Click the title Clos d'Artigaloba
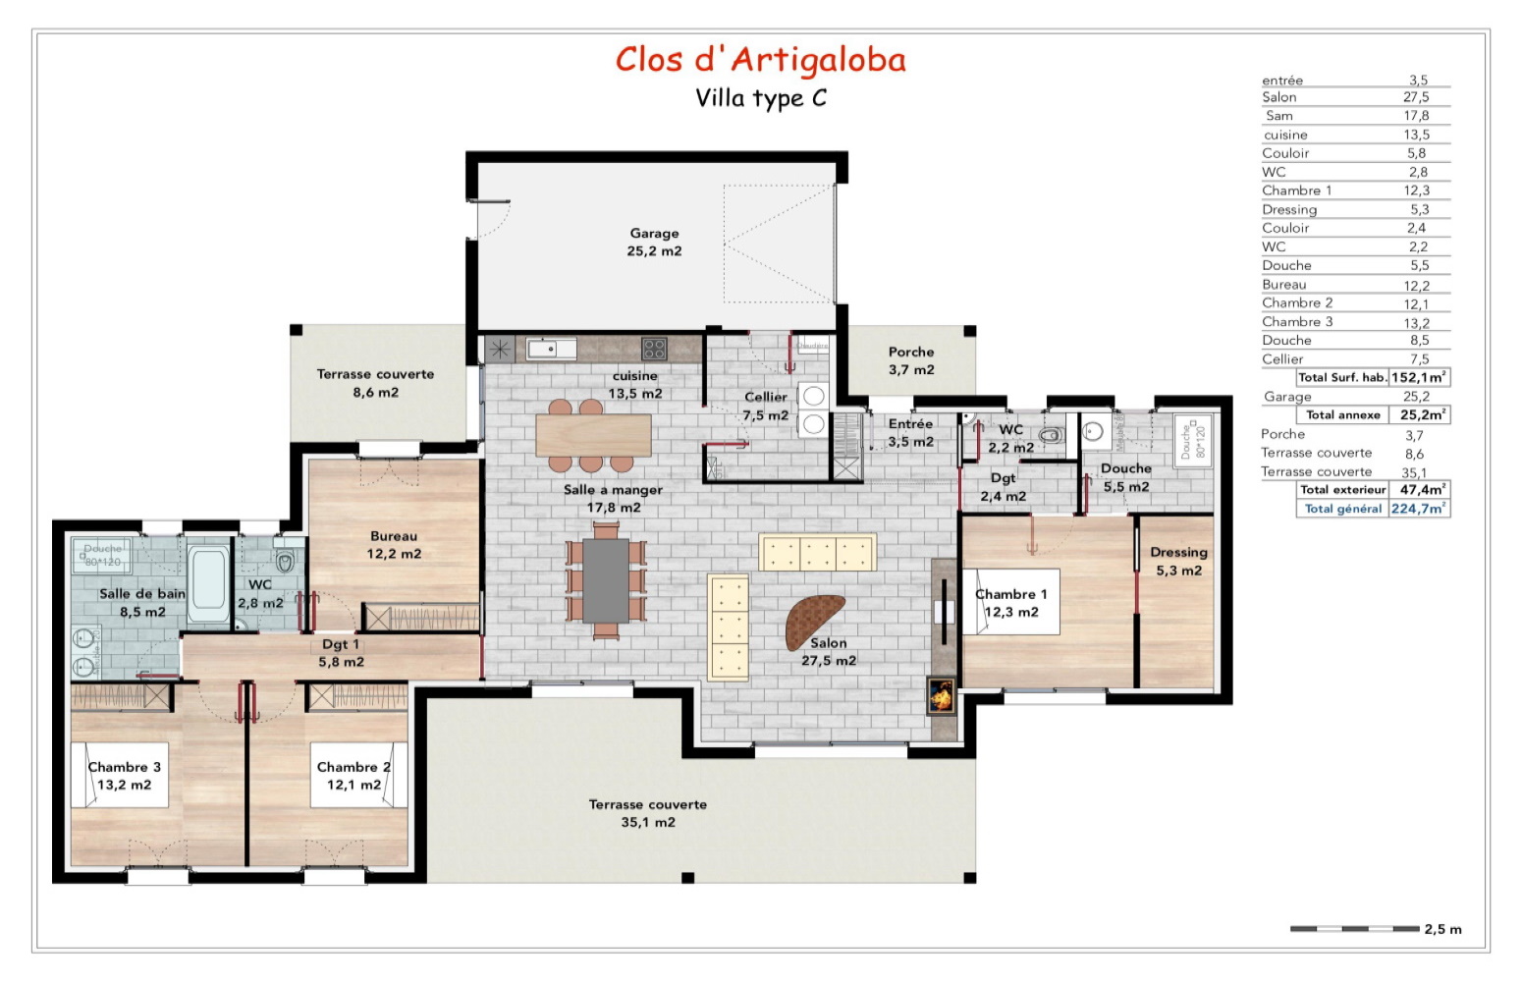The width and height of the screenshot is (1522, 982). click(760, 60)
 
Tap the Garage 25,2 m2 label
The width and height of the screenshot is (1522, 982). click(654, 243)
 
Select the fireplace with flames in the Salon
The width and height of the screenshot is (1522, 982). click(942, 696)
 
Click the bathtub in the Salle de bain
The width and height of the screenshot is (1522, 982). click(208, 583)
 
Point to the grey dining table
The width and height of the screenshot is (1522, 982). click(606, 580)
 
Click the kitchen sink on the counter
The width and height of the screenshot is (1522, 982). click(551, 349)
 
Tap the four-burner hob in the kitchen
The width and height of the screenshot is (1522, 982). click(654, 349)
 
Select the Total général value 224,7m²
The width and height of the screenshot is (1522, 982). click(1418, 509)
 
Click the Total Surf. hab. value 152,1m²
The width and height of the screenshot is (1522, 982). click(1418, 377)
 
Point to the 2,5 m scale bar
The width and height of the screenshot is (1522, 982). click(1354, 928)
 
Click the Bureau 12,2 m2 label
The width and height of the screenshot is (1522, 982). click(394, 545)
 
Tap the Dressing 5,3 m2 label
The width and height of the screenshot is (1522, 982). click(1178, 561)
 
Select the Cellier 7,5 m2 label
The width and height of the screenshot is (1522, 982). click(766, 406)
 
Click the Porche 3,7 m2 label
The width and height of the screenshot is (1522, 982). click(911, 360)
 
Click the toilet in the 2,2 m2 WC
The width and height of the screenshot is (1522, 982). click(1050, 435)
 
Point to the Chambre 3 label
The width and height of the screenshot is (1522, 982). click(124, 767)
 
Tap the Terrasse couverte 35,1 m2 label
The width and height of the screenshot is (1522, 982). click(648, 813)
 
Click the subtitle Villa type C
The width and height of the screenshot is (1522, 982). click(761, 98)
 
